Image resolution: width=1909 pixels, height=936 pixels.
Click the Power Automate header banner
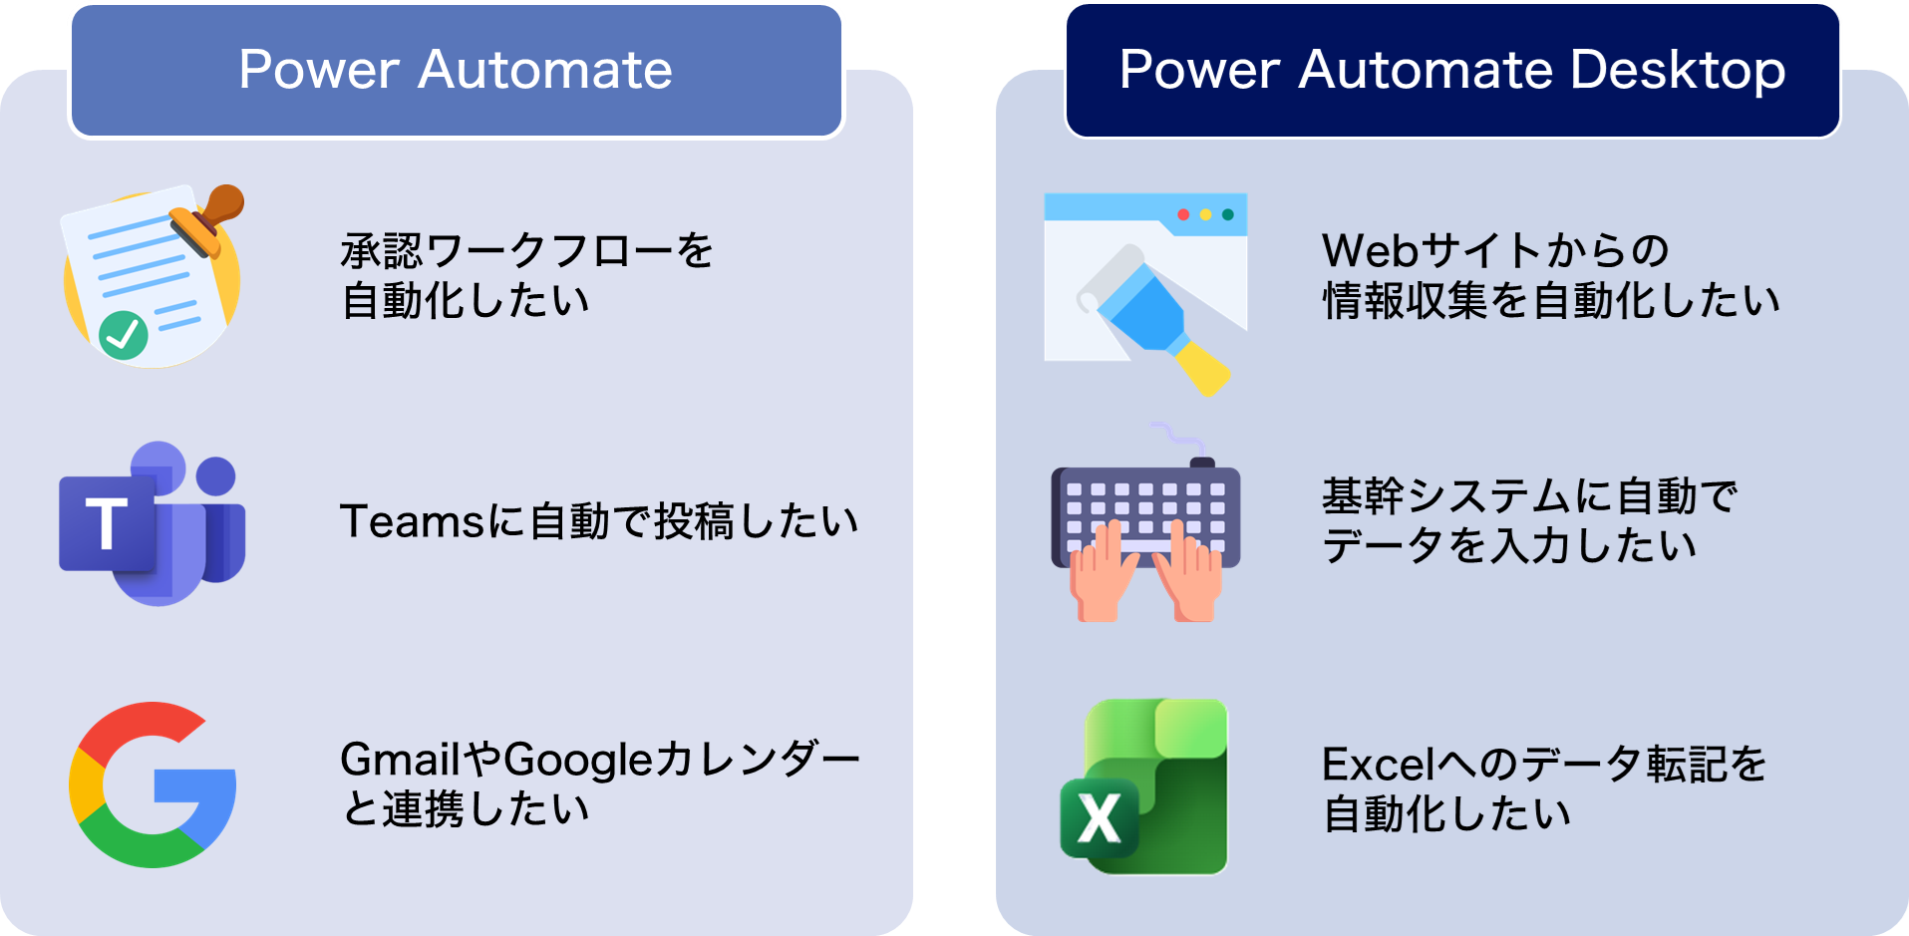pos(457,71)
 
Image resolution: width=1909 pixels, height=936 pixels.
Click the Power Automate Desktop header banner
pos(1452,71)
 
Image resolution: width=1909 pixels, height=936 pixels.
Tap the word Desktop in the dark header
pos(1678,72)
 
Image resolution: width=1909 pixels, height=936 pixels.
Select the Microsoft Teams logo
pos(153,523)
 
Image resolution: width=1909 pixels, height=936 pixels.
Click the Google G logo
pos(153,784)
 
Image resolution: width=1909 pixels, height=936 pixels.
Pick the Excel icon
pos(1143,786)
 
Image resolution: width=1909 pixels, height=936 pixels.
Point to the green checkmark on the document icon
pos(124,335)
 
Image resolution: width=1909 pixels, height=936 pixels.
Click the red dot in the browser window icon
pos(1183,214)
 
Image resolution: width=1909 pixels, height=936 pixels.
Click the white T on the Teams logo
pos(106,523)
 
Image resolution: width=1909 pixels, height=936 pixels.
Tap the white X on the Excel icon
pos(1100,818)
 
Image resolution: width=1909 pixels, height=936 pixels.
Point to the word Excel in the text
pos(1379,765)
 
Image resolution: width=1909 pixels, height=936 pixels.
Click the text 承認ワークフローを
pos(527,250)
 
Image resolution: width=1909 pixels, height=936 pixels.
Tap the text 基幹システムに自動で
pos(1530,495)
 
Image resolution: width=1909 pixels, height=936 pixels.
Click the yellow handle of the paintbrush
pos(1201,366)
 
